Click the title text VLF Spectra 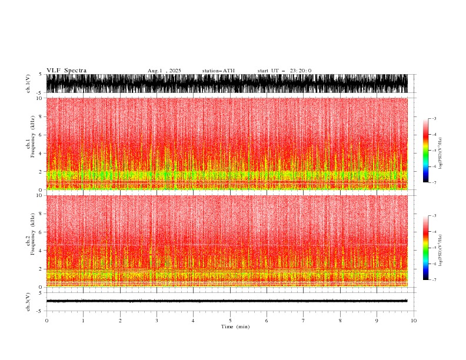(66, 71)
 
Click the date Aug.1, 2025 (164, 71)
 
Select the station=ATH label (218, 71)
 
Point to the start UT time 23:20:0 (285, 71)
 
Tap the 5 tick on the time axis (231, 321)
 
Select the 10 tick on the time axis (414, 321)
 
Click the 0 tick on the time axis (46, 321)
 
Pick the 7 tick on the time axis (304, 321)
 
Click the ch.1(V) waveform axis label (28, 84)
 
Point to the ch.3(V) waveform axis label (28, 301)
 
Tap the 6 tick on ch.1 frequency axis (41, 135)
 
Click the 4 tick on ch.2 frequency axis (41, 251)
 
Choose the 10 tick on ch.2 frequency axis (39, 195)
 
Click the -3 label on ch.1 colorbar (434, 119)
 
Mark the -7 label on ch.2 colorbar (434, 280)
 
